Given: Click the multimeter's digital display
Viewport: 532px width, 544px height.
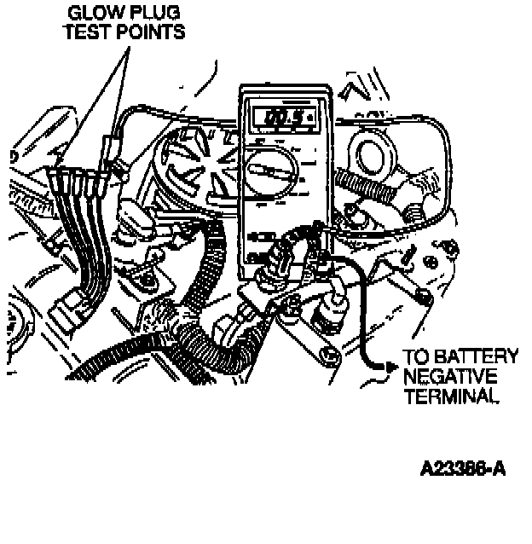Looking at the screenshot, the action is (x=282, y=117).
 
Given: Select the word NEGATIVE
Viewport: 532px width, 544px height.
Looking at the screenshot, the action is (x=449, y=376).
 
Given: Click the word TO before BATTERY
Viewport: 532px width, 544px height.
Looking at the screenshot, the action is (x=416, y=356).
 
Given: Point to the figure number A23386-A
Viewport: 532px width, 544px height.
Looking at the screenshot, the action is (x=462, y=469).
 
